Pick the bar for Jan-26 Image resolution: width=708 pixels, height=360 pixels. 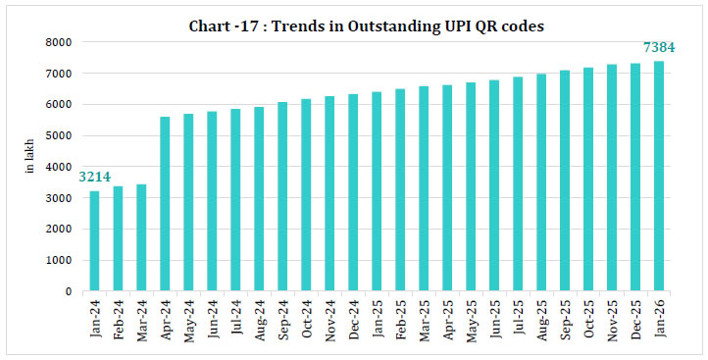659,177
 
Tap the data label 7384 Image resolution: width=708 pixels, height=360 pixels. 658,47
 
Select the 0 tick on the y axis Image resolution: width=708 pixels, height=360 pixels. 68,292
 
